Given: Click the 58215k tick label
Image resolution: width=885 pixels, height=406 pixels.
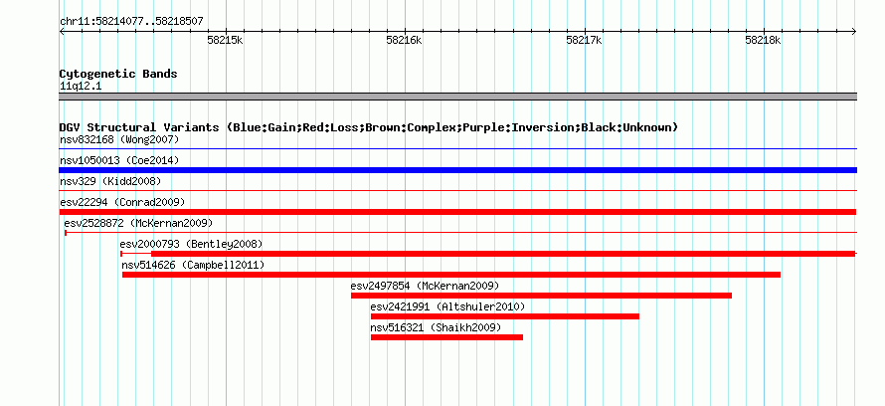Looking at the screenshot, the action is tap(225, 40).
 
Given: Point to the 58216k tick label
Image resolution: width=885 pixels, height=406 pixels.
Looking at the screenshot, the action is tap(404, 40).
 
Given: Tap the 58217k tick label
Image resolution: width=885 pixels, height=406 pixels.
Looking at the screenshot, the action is tap(584, 40).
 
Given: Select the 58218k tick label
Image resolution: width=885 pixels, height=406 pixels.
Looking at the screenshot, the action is tap(763, 40).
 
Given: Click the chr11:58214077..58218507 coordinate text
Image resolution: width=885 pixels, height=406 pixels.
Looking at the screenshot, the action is tap(131, 22).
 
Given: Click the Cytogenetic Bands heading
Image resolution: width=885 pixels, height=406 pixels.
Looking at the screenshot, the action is tap(118, 74).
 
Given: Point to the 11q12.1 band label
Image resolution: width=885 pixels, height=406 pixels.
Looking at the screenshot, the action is tap(81, 87).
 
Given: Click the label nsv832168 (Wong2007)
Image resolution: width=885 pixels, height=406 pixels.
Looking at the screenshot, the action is tap(119, 139).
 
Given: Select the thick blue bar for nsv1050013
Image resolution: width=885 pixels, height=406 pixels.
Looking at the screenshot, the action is tap(457, 170).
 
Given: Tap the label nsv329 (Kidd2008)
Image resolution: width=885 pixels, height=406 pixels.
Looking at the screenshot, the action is tap(110, 181).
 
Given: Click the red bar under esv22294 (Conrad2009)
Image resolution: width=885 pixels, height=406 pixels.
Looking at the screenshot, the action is tap(457, 212).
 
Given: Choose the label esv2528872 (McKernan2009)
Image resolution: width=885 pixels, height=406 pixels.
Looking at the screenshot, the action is tap(138, 223).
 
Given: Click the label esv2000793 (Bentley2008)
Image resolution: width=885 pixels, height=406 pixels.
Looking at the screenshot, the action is tap(191, 244).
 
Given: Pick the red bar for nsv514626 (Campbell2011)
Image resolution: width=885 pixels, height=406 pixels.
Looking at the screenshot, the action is tap(451, 275).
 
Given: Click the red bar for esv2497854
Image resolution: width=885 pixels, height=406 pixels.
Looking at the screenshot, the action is tap(541, 296).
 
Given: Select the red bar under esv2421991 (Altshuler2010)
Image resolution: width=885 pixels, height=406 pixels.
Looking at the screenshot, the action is tap(504, 316).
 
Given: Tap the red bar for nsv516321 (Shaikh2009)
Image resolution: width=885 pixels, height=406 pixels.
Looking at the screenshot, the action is tap(446, 337).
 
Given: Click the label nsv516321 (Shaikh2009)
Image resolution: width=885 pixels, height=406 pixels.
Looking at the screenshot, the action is tap(436, 327).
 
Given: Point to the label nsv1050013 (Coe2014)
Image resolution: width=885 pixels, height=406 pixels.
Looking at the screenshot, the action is tap(119, 160).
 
